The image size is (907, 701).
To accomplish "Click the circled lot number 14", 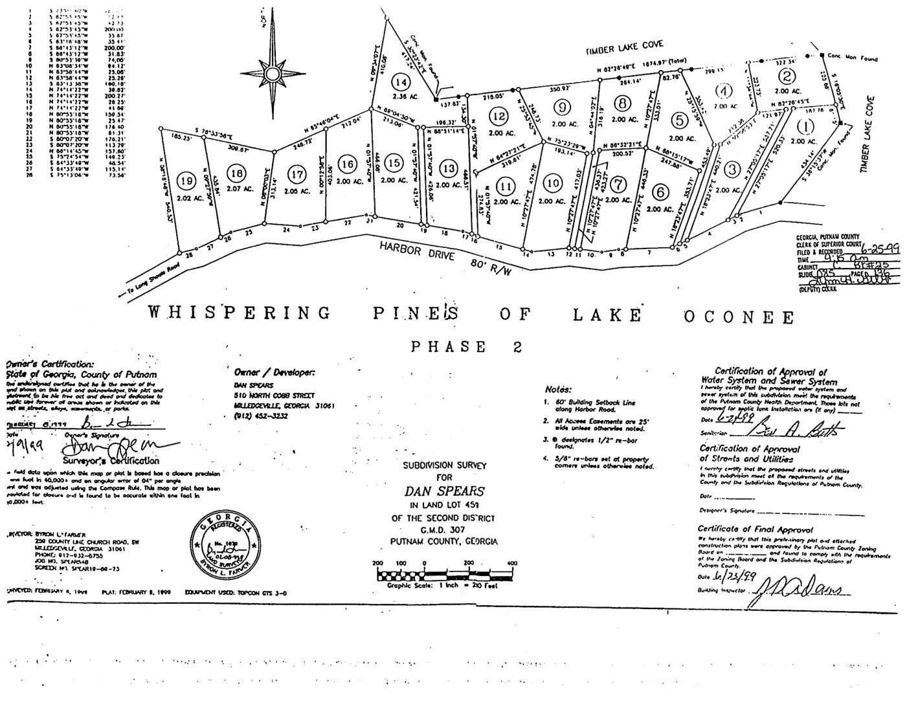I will coord(401,83).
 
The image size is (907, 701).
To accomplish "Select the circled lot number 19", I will coord(188,181).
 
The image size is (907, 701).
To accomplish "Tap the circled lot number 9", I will coord(563,107).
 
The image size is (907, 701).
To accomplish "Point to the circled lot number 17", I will coord(297,174).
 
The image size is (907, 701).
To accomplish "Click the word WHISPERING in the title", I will coord(239,314).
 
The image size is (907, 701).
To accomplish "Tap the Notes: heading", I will coord(557,390).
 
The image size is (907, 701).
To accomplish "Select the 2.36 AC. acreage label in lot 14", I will coord(402,99).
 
